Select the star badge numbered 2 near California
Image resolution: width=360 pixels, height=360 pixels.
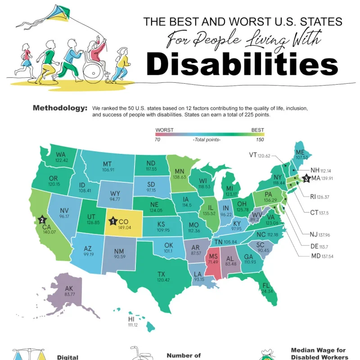(42, 220)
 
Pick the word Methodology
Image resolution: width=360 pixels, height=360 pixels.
(60, 108)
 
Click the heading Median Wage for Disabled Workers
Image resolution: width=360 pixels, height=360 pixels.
(319, 353)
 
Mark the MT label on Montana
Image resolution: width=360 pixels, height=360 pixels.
(107, 164)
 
